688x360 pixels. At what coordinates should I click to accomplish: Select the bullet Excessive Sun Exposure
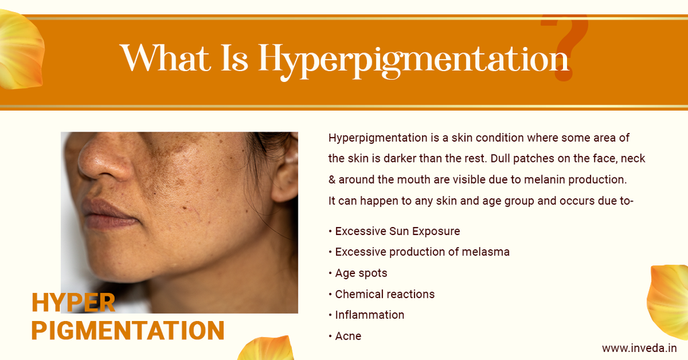[397, 231]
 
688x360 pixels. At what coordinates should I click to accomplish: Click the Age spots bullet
[361, 273]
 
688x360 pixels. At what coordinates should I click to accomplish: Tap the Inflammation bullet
[370, 315]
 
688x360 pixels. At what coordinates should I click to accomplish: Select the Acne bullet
[348, 336]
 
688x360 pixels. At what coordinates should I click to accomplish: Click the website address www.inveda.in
[639, 348]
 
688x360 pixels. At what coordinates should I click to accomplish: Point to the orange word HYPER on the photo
[73, 303]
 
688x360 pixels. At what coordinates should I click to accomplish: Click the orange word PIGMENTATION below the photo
[128, 330]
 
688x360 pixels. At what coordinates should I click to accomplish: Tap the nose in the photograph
[101, 161]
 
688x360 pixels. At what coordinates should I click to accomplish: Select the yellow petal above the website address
[669, 299]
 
